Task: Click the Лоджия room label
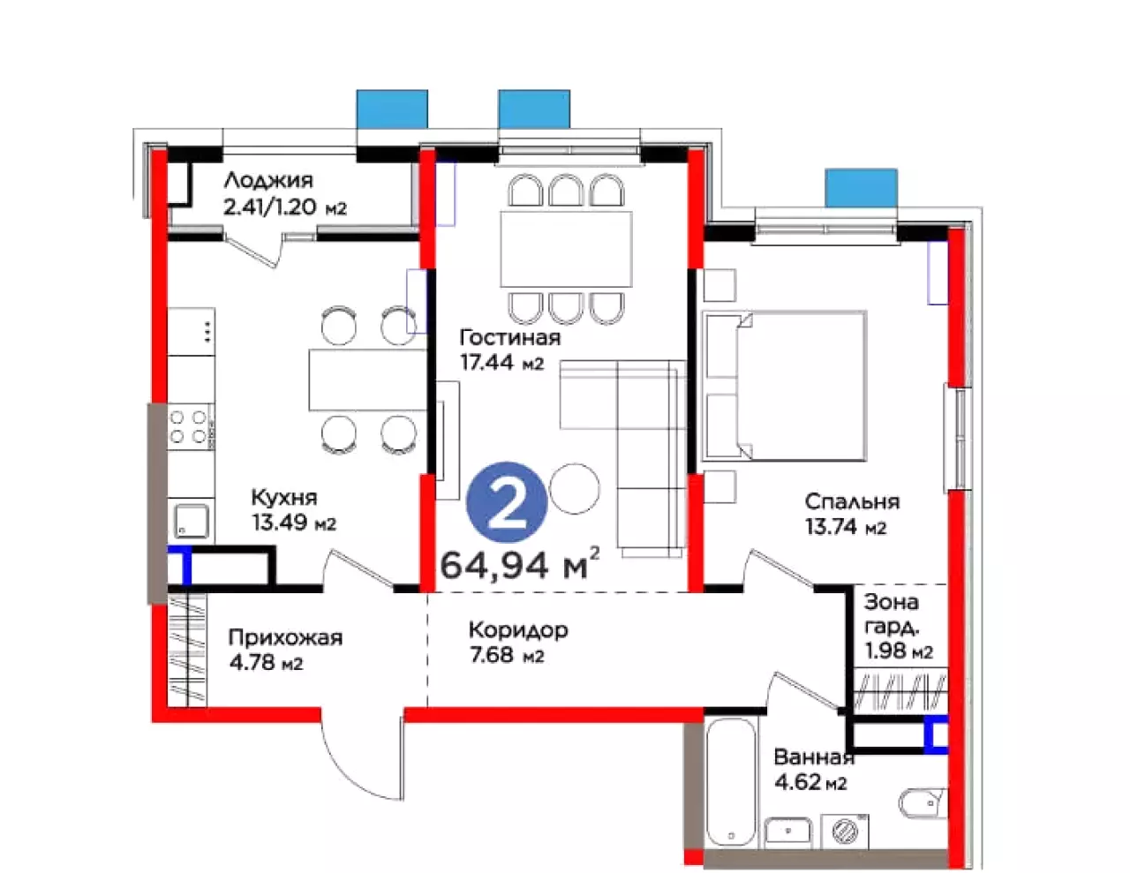tap(268, 181)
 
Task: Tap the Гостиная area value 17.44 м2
tap(502, 362)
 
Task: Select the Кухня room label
tap(284, 498)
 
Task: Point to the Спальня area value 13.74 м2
tap(846, 527)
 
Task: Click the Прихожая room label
tap(285, 638)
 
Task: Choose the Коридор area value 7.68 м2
tap(507, 656)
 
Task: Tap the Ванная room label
tap(814, 757)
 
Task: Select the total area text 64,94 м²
tap(520, 565)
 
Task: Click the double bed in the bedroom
tap(784, 386)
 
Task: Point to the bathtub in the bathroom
tap(730, 784)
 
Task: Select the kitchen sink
tap(192, 521)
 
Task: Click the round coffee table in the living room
tap(575, 489)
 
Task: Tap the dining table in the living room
tap(566, 249)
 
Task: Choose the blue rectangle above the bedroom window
tap(861, 188)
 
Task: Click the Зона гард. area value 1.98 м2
tap(899, 651)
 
